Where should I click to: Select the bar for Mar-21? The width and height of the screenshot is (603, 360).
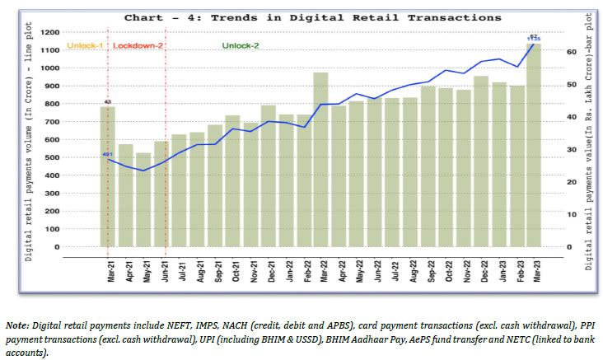(108, 181)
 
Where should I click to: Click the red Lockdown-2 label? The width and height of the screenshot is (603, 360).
(138, 45)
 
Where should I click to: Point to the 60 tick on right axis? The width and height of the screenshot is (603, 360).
(571, 52)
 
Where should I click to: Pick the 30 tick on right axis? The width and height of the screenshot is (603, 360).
(571, 150)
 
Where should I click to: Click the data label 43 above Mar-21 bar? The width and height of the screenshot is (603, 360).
(108, 102)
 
